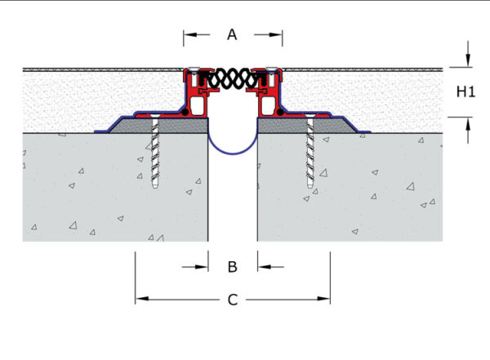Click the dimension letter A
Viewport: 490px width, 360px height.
click(x=232, y=34)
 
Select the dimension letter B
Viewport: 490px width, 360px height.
click(x=233, y=267)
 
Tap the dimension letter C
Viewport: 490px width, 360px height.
click(x=233, y=300)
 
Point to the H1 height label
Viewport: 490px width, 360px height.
click(x=465, y=92)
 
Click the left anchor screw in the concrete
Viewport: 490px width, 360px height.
click(x=155, y=152)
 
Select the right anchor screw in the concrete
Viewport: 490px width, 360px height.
click(x=310, y=152)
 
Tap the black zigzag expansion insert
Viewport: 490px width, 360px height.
click(x=233, y=78)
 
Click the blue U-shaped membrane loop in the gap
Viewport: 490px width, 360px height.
click(x=233, y=153)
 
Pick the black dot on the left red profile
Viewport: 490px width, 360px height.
click(x=185, y=112)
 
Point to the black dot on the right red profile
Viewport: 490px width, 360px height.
click(x=280, y=112)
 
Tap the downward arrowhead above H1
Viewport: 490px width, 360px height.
click(x=468, y=60)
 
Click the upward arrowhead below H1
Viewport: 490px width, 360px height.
click(x=468, y=124)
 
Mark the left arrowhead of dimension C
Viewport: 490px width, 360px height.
click(x=142, y=299)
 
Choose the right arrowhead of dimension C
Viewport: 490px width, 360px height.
click(x=323, y=299)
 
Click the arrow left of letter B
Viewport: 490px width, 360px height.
click(x=195, y=267)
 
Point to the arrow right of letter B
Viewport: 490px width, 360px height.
click(x=271, y=267)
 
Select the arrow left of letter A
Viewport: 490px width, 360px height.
click(x=197, y=34)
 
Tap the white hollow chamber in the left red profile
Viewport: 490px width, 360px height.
click(x=198, y=105)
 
